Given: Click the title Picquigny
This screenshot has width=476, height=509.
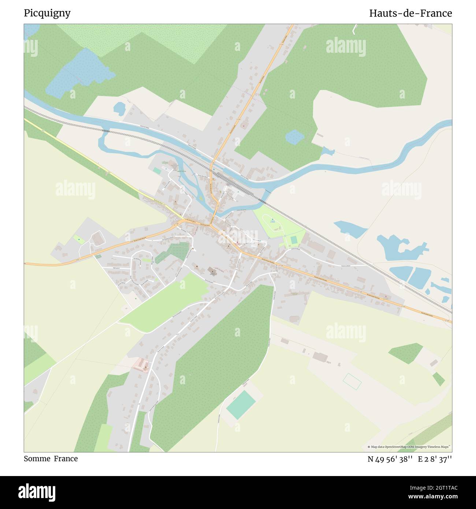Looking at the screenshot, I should pyautogui.click(x=47, y=13).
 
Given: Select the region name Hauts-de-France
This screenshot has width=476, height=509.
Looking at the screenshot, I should pyautogui.click(x=410, y=13).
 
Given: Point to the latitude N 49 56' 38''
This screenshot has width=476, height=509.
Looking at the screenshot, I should pyautogui.click(x=390, y=459).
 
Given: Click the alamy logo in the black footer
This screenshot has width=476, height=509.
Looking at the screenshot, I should pyautogui.click(x=37, y=492).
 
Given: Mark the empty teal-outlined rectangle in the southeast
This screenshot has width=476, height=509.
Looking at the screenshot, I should pyautogui.click(x=352, y=382).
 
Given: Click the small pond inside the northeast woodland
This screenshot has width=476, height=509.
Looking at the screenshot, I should pyautogui.click(x=294, y=137).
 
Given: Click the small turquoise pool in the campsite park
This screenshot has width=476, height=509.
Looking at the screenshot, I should pyautogui.click(x=294, y=240).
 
